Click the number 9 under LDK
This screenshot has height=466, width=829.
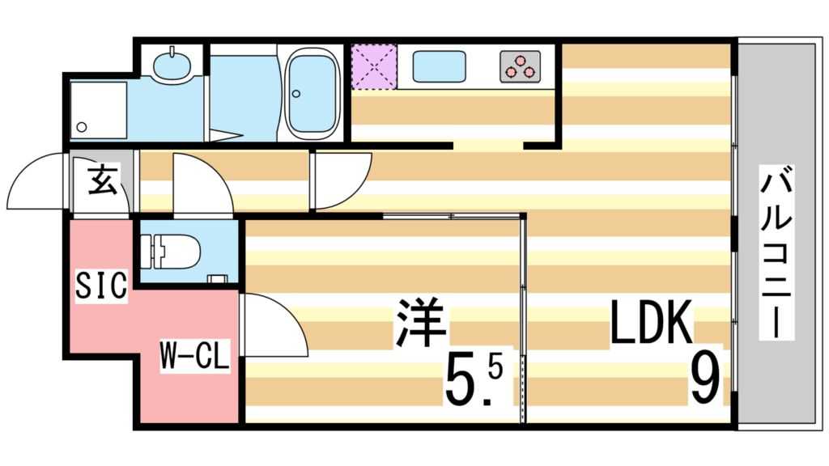(705, 380)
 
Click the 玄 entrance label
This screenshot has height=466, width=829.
(100, 180)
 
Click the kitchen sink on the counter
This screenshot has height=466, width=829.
(439, 66)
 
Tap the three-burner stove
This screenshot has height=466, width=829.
(520, 66)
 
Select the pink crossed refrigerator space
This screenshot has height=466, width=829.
(373, 66)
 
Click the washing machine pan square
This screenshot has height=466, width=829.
(98, 109)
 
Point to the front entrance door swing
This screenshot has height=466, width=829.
(39, 182)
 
